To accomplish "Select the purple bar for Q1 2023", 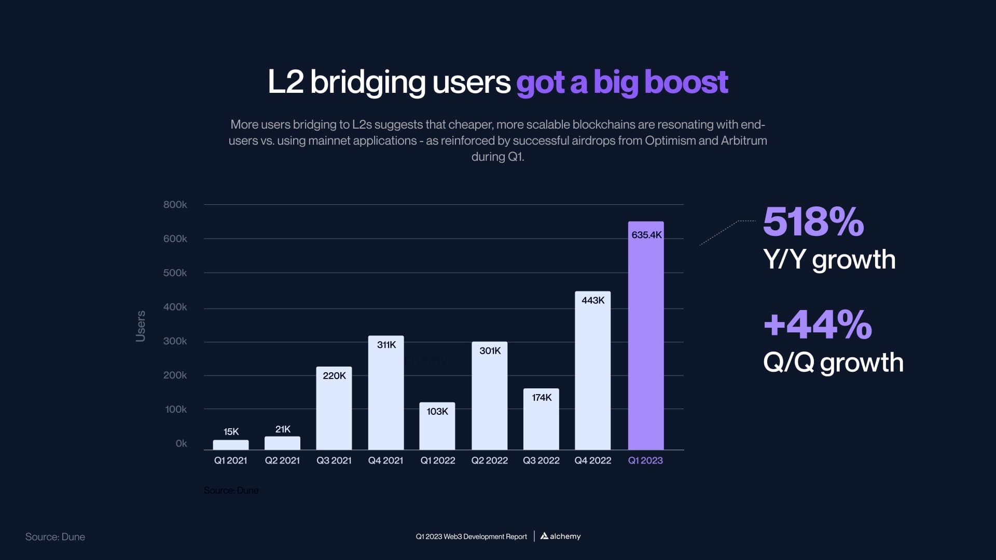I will (646, 342).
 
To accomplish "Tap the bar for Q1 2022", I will (437, 430).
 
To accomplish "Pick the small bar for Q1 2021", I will (231, 445).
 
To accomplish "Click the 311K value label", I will (386, 345).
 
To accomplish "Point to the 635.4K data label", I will (646, 235).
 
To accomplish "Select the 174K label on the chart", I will (542, 398).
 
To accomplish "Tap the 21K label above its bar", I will (283, 429).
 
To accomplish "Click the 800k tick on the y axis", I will (175, 205).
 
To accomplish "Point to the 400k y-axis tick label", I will (175, 307).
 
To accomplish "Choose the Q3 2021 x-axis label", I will (334, 460).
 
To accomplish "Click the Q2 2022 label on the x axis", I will (489, 460).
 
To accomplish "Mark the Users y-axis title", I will (141, 326).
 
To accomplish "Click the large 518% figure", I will (813, 222).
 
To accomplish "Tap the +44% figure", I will (818, 325).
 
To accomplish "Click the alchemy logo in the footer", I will (560, 536).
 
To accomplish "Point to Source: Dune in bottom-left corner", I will (55, 537).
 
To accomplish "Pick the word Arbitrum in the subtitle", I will (743, 141).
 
